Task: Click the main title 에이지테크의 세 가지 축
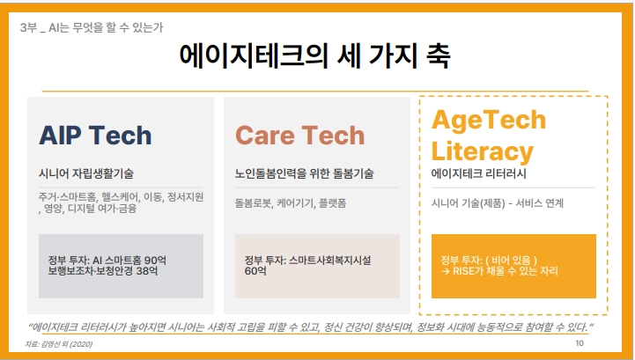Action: click(x=314, y=55)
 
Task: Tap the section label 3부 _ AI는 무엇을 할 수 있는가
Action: click(x=92, y=27)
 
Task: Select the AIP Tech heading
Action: click(x=95, y=136)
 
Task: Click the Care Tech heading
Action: click(x=299, y=136)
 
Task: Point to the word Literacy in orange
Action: click(x=483, y=152)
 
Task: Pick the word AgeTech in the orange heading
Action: click(x=489, y=120)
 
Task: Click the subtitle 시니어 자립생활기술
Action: click(x=85, y=173)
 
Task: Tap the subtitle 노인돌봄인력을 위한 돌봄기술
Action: click(x=304, y=173)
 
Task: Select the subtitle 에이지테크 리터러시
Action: click(x=479, y=173)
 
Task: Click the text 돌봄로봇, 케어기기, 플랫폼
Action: click(x=291, y=202)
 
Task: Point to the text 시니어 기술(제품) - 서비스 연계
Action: click(x=498, y=202)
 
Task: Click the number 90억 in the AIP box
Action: click(x=155, y=260)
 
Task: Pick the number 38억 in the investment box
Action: click(x=146, y=270)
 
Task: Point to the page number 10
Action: click(x=580, y=343)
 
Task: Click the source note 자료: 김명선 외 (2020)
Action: click(x=59, y=344)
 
